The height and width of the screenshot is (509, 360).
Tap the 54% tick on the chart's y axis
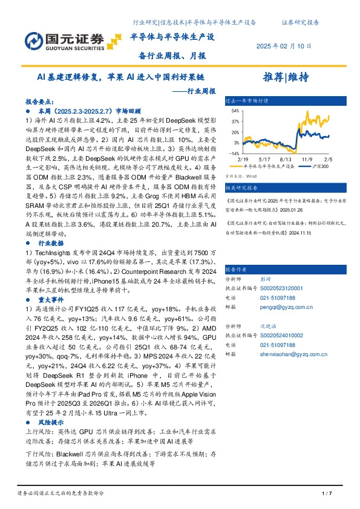pos(235,111)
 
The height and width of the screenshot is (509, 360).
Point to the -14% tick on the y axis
pos(234,154)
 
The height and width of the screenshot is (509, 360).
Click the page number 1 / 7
pos(324,494)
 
